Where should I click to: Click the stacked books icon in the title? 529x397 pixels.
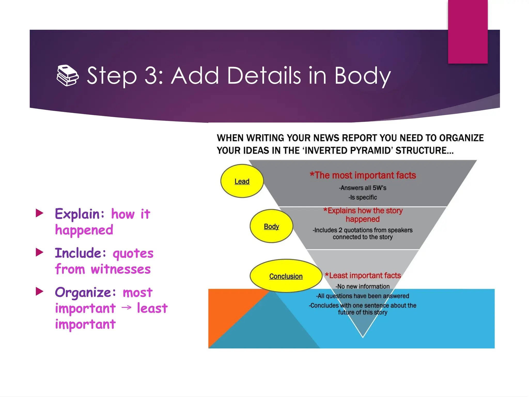67,75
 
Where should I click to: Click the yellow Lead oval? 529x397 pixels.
242,181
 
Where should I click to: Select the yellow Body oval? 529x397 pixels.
271,226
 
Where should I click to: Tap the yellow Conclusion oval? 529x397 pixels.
286,276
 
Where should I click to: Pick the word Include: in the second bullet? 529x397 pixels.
81,253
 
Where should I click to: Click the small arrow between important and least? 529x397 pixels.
126,307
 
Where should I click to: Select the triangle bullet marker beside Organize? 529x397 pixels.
40,291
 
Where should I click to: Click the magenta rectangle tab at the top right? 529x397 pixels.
468,32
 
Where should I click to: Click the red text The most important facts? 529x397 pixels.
363,175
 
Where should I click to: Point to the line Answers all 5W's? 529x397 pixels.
363,188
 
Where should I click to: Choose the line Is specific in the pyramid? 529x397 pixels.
363,197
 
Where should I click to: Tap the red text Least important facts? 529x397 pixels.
363,276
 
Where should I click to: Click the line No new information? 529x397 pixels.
363,286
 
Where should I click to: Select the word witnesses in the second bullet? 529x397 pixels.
121,270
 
